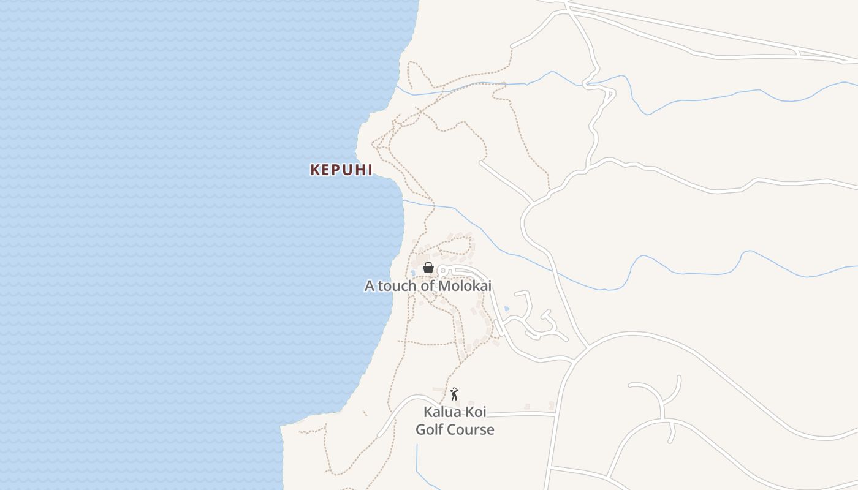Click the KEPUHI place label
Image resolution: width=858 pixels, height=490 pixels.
pyautogui.click(x=341, y=170)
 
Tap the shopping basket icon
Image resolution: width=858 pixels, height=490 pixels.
pyautogui.click(x=428, y=268)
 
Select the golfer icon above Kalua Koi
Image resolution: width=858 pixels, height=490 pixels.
pyautogui.click(x=454, y=394)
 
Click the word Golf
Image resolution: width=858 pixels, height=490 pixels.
pyautogui.click(x=430, y=429)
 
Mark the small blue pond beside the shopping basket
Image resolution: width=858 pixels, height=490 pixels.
pyautogui.click(x=414, y=272)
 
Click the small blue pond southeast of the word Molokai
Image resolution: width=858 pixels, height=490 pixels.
pyautogui.click(x=506, y=309)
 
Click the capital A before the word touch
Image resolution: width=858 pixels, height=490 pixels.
pyautogui.click(x=370, y=286)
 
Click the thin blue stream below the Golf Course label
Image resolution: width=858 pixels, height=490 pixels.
pyautogui.click(x=417, y=459)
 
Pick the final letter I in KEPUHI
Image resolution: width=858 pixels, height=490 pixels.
pyautogui.click(x=369, y=170)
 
